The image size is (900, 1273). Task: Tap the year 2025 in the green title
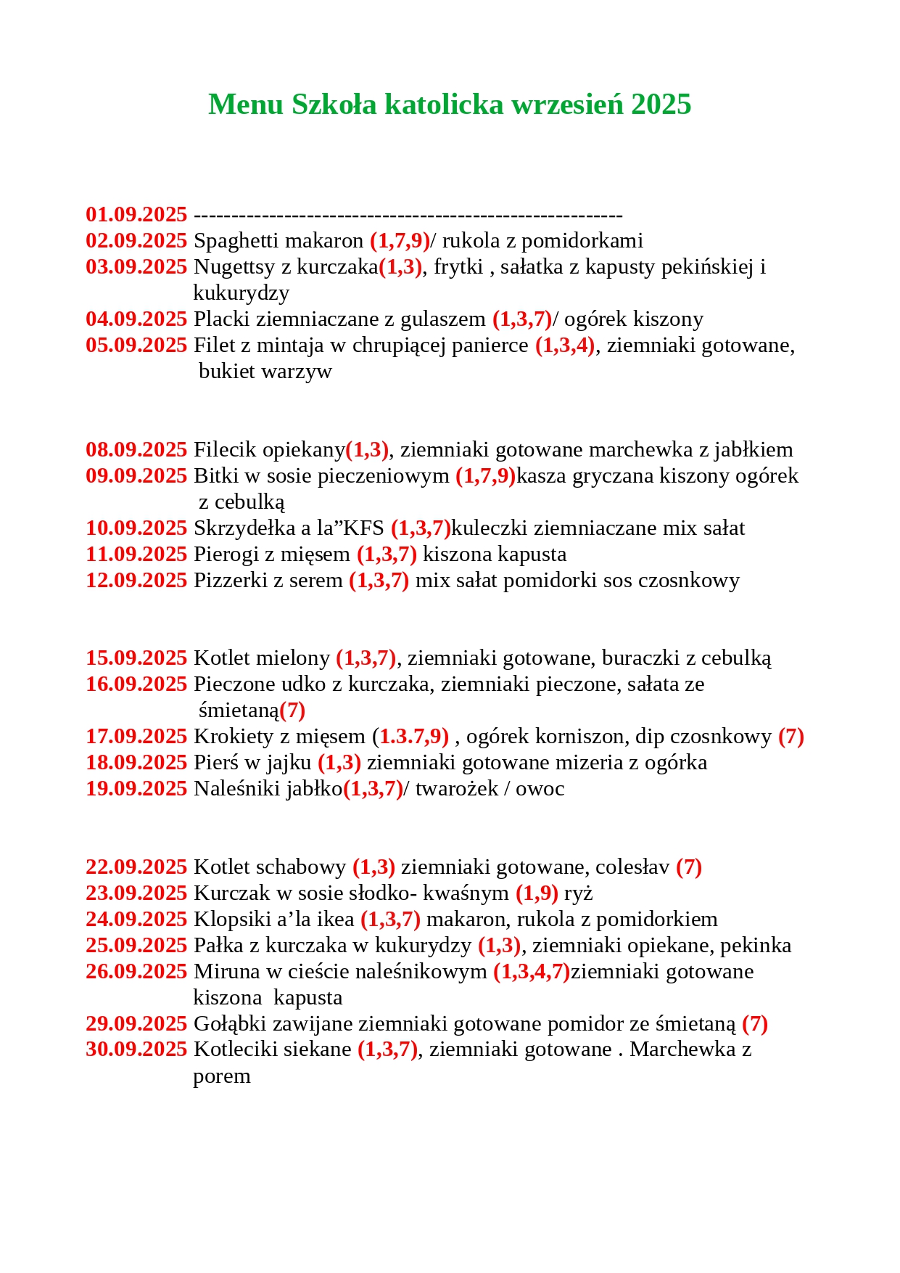tap(661, 105)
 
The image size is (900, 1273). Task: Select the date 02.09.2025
tap(136, 241)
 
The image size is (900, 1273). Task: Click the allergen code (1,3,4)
tap(565, 345)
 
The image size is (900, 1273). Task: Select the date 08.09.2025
tap(136, 450)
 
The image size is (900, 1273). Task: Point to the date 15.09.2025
tap(136, 658)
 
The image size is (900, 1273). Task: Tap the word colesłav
tap(635, 867)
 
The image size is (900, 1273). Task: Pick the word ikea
tap(334, 920)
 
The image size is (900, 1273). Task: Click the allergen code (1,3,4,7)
tap(532, 972)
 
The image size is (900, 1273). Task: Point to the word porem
tap(222, 1076)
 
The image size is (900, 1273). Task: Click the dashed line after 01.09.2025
tap(408, 216)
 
